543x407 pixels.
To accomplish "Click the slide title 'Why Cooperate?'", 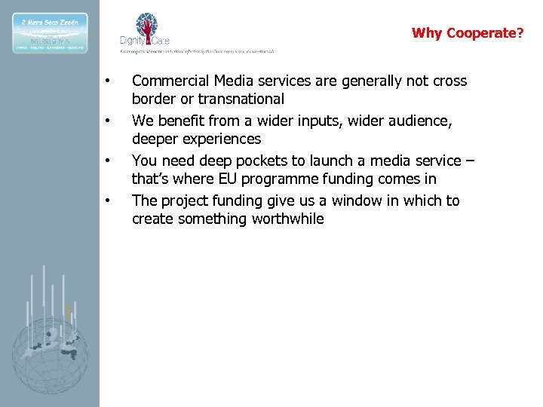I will [x=467, y=33].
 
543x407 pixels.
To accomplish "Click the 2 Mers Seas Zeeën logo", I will [x=50, y=32].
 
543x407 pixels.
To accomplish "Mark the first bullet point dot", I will [x=109, y=81].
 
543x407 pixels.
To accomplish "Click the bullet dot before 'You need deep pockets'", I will [x=109, y=161].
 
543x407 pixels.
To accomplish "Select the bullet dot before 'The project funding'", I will [x=109, y=200].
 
